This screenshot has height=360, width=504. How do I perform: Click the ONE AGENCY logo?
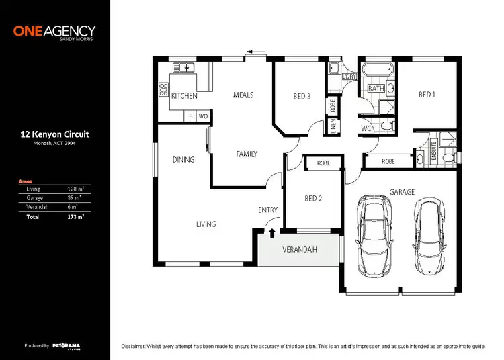click(x=54, y=32)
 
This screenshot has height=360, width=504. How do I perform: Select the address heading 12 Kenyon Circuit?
click(x=54, y=134)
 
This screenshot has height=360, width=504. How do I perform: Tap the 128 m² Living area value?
click(x=75, y=189)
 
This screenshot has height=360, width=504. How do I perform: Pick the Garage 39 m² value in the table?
click(x=75, y=198)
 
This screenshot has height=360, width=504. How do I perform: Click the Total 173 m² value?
click(x=73, y=217)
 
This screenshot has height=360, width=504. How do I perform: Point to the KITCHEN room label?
click(x=184, y=96)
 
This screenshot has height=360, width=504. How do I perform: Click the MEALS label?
click(x=243, y=95)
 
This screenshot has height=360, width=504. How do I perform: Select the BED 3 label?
click(x=302, y=96)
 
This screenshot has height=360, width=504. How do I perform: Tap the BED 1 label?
click(x=427, y=95)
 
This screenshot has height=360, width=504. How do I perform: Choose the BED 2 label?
click(x=314, y=198)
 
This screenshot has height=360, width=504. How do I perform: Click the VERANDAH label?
click(x=299, y=251)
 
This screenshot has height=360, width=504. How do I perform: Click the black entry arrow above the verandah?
click(x=271, y=233)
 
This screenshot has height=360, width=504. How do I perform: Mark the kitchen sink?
click(x=183, y=67)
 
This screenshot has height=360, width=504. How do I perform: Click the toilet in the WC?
click(x=386, y=126)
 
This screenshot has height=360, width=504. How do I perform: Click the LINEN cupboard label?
click(x=333, y=126)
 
